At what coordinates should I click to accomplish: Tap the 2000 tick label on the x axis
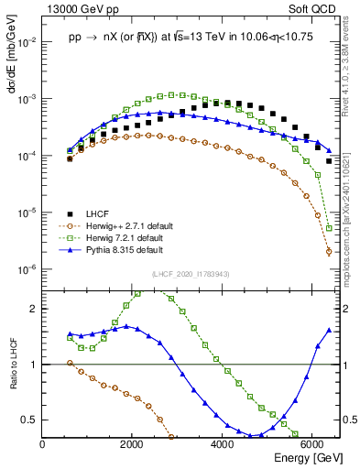pos(133,443)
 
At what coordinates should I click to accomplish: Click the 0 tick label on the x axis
pos(43,443)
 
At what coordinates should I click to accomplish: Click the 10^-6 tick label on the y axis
pos(27,269)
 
